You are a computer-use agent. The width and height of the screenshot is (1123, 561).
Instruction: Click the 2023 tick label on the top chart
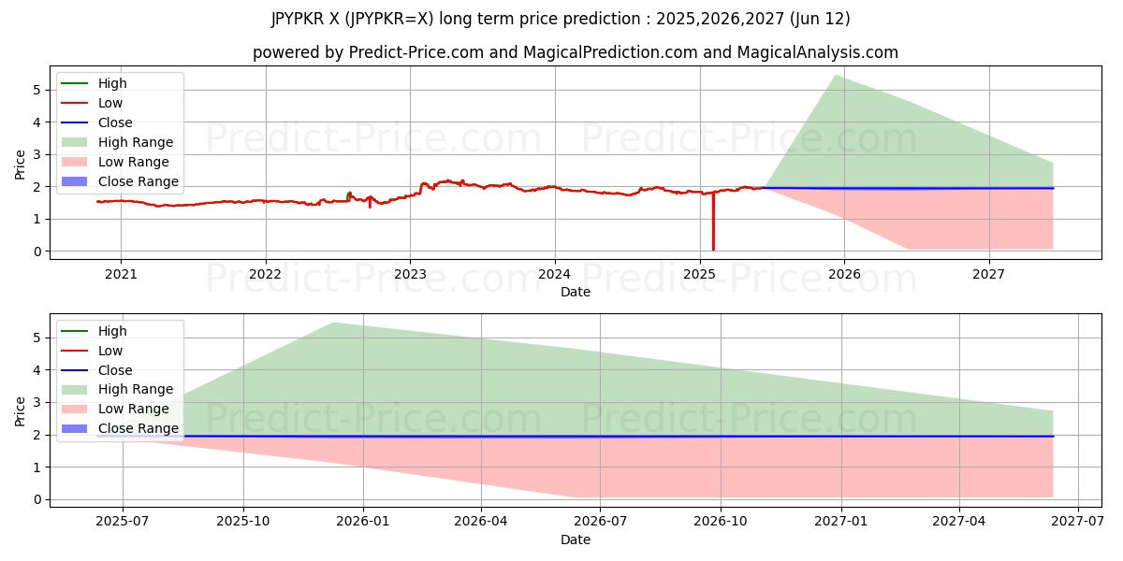pos(410,273)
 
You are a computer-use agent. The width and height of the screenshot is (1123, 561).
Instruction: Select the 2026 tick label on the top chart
pos(844,273)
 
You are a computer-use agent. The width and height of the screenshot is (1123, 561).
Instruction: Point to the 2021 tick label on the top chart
pos(121,273)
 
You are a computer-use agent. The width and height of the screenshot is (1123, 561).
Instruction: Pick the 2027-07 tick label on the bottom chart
pos(1078,521)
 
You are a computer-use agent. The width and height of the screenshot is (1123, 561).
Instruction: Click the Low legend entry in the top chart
pos(110,103)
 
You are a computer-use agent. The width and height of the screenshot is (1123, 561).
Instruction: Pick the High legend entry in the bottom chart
pos(112,331)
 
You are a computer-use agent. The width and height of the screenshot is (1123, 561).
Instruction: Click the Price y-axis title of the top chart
pos(21,165)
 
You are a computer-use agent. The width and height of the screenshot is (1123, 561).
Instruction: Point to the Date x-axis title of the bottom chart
pos(575,539)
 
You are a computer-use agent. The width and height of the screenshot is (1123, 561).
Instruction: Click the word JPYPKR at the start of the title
pos(298,19)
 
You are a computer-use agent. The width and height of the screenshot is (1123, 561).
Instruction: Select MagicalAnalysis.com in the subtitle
pos(817,52)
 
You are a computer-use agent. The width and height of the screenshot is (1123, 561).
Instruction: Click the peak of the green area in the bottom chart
pos(333,323)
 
